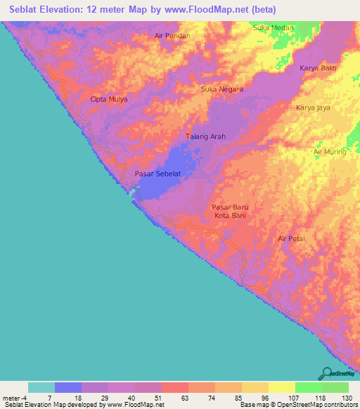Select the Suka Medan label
[273, 27]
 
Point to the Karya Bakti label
[319, 68]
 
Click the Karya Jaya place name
[314, 108]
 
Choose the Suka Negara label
[222, 89]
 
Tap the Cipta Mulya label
[109, 100]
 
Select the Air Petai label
[291, 239]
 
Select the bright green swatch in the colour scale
[309, 387]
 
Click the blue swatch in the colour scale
[68, 387]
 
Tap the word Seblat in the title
[30, 9]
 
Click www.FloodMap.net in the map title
[221, 9]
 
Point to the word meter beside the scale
[12, 397]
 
